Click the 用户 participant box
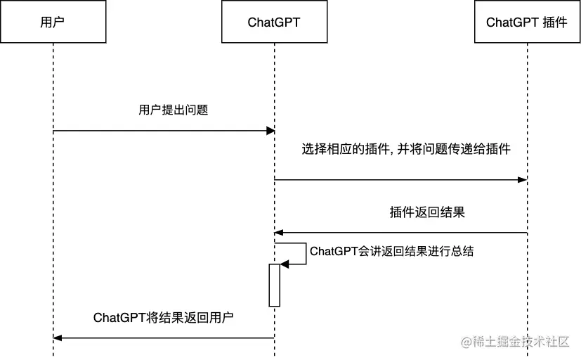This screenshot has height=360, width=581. tap(53, 22)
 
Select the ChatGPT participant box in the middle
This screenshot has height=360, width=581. tap(274, 22)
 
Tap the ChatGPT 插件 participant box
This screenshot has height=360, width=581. tap(526, 22)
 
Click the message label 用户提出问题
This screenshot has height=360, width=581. tap(173, 110)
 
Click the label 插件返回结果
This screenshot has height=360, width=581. tap(427, 212)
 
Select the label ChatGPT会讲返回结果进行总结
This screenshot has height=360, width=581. tap(391, 251)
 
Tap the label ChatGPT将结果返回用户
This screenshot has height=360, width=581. tap(163, 317)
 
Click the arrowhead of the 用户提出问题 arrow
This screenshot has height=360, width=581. tap(270, 131)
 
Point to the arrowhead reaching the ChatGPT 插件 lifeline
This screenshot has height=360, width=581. tap(522, 180)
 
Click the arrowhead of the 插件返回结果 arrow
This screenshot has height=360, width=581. tap(279, 232)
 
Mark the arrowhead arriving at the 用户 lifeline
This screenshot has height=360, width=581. tap(58, 338)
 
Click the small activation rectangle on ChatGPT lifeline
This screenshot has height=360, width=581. tap(274, 285)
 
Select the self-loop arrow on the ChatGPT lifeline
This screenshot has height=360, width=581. tap(305, 254)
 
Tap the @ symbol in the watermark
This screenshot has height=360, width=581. tap(466, 342)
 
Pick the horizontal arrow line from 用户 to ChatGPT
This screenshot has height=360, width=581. tap(162, 131)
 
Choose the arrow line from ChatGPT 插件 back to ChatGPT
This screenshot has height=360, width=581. tap(400, 232)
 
